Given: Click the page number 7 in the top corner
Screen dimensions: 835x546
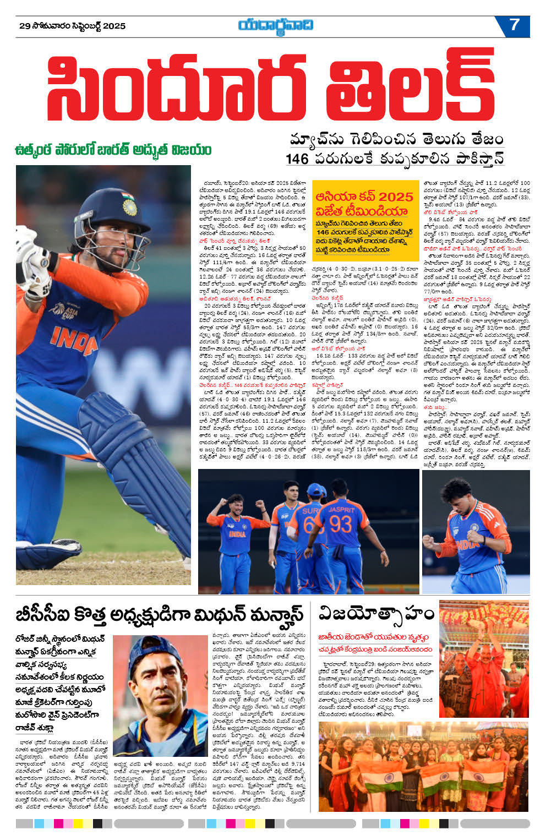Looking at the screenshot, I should coord(515,25).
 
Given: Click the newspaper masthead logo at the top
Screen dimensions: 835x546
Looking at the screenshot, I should coord(276,25).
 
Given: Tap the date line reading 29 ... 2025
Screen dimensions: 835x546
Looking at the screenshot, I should coord(72,26).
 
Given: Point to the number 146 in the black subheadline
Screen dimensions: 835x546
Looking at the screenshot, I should coord(297,159).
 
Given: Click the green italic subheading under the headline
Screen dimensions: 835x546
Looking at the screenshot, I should coord(113,150).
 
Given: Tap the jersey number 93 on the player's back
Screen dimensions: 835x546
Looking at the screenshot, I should coord(341,523).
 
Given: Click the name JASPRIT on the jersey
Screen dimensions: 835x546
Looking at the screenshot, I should coord(341,509).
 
